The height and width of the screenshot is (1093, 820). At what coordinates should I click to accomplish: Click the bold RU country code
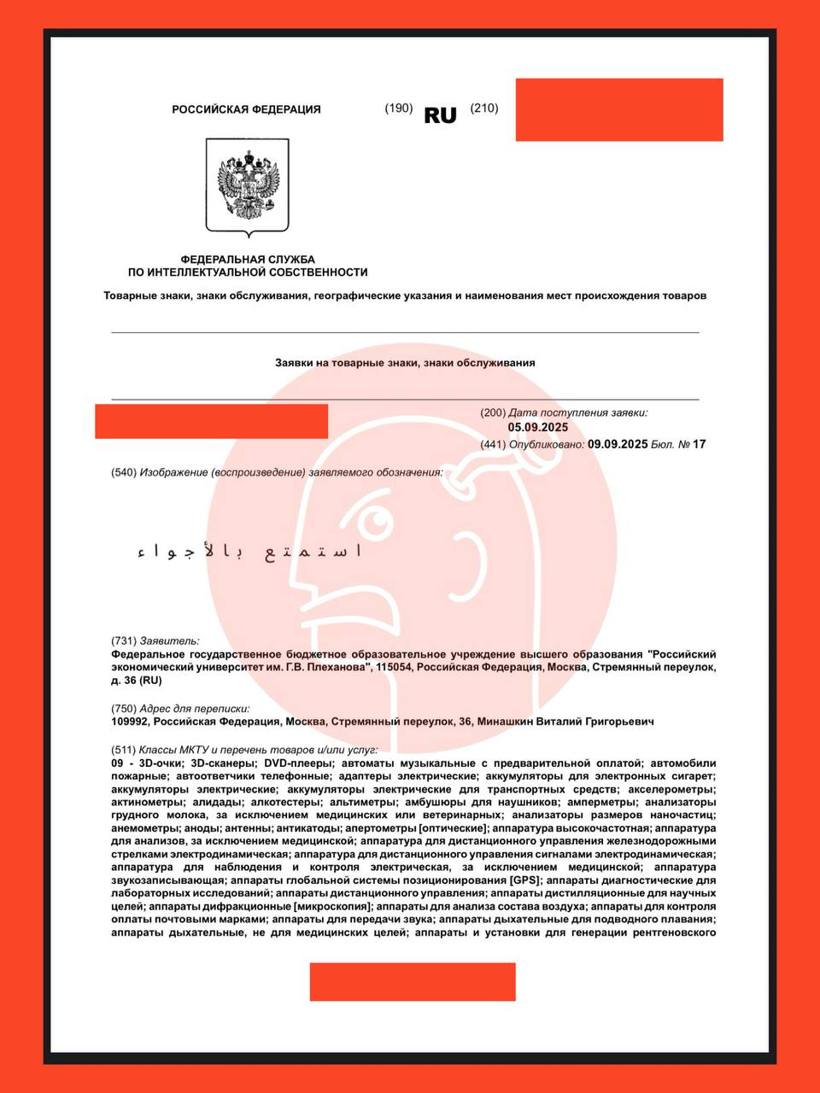point(440,115)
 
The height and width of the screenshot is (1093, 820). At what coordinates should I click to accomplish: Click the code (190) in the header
point(399,108)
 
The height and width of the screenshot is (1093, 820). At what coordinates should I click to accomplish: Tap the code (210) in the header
point(484,108)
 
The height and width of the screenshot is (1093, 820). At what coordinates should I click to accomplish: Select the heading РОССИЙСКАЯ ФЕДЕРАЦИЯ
point(247,109)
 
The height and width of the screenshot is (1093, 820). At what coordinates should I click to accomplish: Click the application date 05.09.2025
point(538,428)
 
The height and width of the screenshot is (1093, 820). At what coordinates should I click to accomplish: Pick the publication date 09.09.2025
point(618,444)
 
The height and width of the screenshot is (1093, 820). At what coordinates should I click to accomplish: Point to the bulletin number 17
point(699,444)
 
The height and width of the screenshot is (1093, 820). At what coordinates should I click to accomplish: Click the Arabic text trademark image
point(249,552)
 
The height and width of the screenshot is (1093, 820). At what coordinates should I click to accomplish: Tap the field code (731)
point(124,640)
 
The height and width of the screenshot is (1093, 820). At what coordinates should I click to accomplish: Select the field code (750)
point(124,708)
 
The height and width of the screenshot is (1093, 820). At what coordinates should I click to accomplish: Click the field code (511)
point(124,750)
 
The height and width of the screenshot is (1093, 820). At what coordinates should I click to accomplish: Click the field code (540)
point(124,472)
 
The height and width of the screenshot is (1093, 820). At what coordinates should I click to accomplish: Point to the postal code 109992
point(131,722)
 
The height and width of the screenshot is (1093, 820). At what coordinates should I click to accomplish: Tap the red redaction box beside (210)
point(619,109)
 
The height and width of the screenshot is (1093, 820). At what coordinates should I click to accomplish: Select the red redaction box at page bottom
point(413,981)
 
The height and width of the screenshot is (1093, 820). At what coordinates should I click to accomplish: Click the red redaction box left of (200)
point(211,421)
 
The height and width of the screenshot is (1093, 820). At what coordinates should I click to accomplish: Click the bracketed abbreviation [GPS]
point(524,880)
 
